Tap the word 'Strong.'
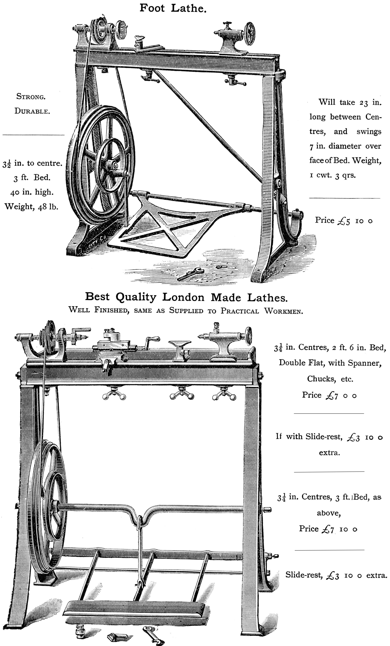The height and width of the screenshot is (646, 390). pyautogui.click(x=31, y=96)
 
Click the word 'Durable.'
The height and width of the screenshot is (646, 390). pyautogui.click(x=32, y=111)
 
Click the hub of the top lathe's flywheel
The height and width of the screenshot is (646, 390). pyautogui.click(x=115, y=165)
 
